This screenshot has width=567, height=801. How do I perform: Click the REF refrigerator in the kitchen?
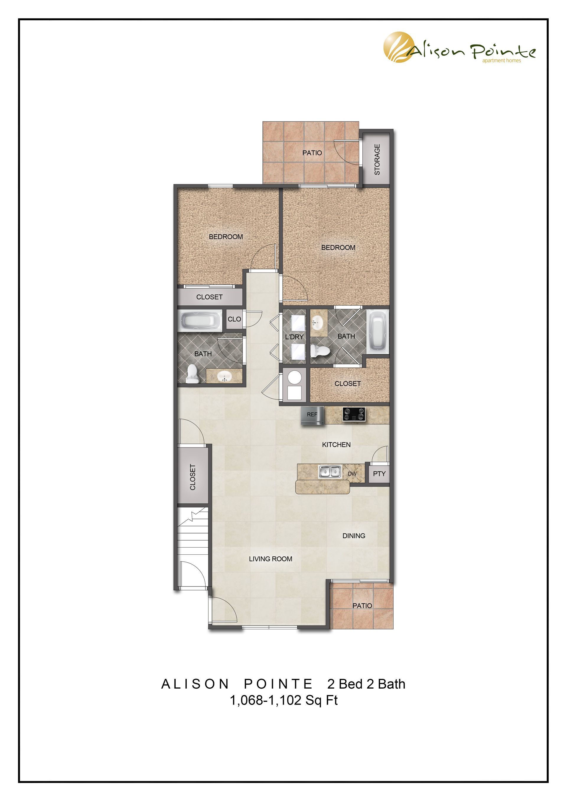(312, 415)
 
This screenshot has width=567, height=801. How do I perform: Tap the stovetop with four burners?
(354, 415)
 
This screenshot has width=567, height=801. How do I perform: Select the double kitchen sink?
(330, 472)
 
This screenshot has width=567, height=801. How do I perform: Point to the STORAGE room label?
(377, 159)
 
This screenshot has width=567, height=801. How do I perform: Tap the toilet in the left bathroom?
(192, 374)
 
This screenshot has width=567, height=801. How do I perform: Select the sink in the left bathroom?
(224, 376)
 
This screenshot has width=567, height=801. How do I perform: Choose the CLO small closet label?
(234, 319)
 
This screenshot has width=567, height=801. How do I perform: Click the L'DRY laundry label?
(294, 337)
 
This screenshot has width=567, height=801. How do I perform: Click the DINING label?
(354, 536)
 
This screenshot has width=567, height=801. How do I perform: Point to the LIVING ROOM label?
(271, 559)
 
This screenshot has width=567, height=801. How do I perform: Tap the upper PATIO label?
(312, 153)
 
